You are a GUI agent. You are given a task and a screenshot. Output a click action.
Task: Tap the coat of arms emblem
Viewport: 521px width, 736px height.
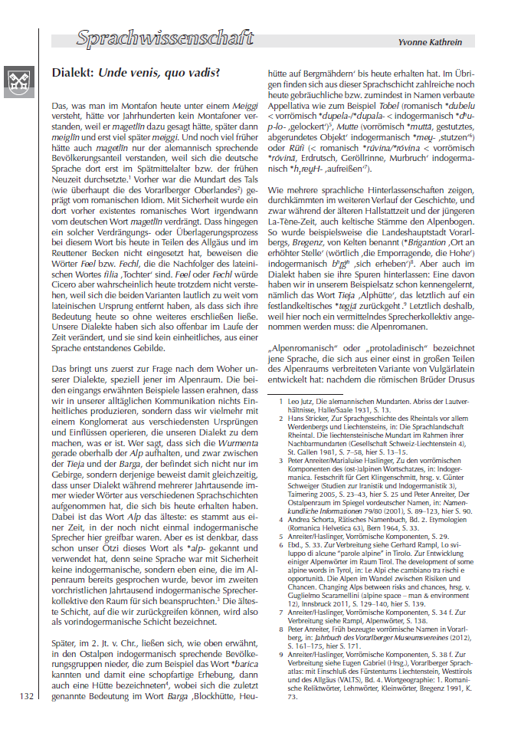coord(18,78)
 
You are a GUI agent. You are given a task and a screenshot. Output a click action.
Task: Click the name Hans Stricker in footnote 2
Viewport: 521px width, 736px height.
coord(307,419)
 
